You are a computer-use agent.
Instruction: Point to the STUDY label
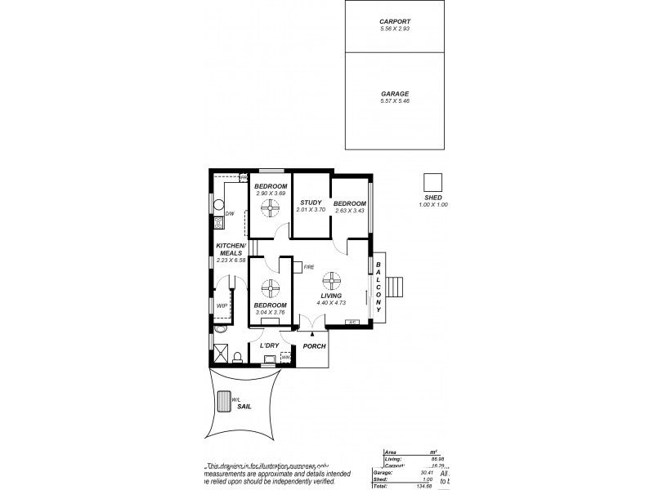point(310,203)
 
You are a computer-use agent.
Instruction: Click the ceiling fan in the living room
point(330,280)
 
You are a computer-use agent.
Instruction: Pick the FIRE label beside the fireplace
point(309,267)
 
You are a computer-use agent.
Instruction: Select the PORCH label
point(314,346)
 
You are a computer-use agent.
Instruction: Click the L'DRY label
point(270,346)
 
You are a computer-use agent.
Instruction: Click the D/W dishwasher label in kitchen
point(230,214)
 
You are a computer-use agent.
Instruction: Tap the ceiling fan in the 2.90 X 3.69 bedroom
point(271,211)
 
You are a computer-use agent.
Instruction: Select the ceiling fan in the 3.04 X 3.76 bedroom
point(270,288)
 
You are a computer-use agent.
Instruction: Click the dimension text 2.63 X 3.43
point(349,211)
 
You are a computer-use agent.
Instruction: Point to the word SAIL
point(244,405)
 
